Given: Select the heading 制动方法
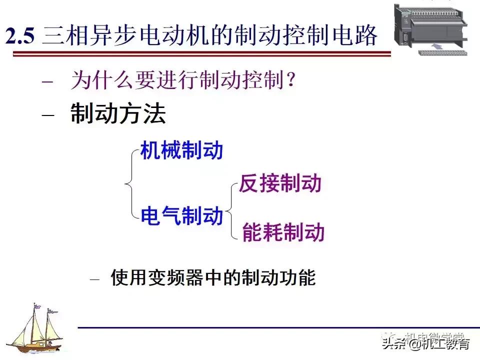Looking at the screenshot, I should (x=118, y=114).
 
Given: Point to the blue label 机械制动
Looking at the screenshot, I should (x=181, y=150).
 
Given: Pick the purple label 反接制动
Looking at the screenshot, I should (x=280, y=183).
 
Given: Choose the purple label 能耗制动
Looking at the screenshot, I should (x=283, y=232).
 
